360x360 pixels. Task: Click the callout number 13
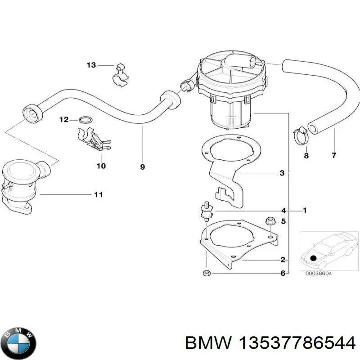(91, 65)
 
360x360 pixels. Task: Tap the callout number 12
(64, 120)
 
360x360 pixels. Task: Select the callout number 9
(142, 167)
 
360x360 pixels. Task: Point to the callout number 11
(99, 195)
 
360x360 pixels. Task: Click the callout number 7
(334, 155)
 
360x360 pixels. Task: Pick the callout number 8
(306, 156)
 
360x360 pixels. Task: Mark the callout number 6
(283, 273)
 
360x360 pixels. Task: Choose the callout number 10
(101, 166)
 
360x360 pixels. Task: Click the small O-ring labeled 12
(86, 120)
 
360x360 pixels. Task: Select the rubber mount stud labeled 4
(207, 211)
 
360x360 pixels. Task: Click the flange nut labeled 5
(270, 221)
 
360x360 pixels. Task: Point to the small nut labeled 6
(207, 273)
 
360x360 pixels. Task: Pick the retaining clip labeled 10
(94, 139)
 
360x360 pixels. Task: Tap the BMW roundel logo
(20, 343)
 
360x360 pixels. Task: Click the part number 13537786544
(297, 344)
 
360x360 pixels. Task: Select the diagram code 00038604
(319, 274)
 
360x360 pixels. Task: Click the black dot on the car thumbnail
(313, 258)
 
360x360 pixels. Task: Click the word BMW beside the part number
(208, 344)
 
